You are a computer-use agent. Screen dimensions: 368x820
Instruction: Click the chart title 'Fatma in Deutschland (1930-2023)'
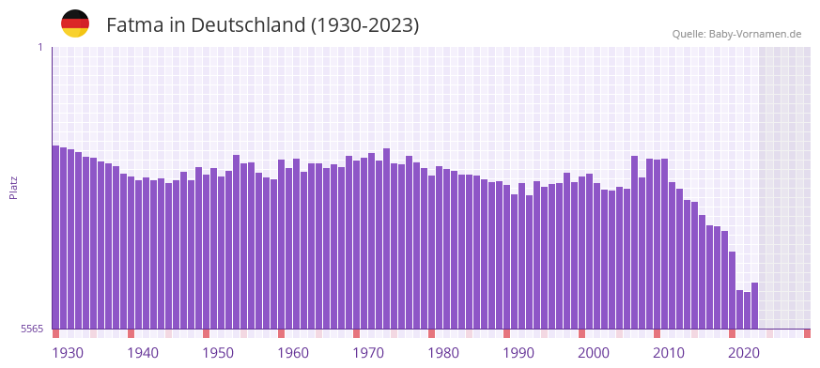pyautogui.click(x=262, y=24)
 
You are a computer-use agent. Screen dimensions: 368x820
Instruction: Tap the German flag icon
pyautogui.click(x=75, y=23)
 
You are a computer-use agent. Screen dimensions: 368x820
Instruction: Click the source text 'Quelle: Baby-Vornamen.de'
pyautogui.click(x=736, y=34)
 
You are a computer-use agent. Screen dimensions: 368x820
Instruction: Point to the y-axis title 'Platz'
pyautogui.click(x=13, y=188)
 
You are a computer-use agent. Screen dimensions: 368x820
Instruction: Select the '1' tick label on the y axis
pyautogui.click(x=40, y=47)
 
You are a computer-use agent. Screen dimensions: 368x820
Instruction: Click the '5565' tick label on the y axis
pyautogui.click(x=31, y=329)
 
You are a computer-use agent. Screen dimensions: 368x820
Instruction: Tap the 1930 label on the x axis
pyautogui.click(x=68, y=353)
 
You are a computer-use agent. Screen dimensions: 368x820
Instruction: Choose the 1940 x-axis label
pyautogui.click(x=143, y=353)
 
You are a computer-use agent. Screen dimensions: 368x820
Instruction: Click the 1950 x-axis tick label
pyautogui.click(x=218, y=353)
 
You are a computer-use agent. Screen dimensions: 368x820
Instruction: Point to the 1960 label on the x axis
pyautogui.click(x=293, y=353)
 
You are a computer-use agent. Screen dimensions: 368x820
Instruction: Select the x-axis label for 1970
pyautogui.click(x=368, y=353)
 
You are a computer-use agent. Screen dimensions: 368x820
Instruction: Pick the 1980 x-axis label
pyautogui.click(x=443, y=353)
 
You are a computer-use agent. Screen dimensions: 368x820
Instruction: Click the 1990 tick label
pyautogui.click(x=518, y=353)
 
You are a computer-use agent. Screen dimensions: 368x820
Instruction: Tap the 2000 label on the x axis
pyautogui.click(x=594, y=353)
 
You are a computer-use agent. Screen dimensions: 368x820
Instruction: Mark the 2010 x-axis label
pyautogui.click(x=669, y=353)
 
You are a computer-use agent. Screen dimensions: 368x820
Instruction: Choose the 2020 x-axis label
pyautogui.click(x=744, y=353)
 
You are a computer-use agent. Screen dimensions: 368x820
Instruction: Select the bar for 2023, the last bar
pyautogui.click(x=754, y=305)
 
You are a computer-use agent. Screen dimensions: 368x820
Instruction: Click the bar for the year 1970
pyautogui.click(x=356, y=244)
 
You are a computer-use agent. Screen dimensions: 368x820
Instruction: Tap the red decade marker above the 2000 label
pyautogui.click(x=581, y=333)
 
